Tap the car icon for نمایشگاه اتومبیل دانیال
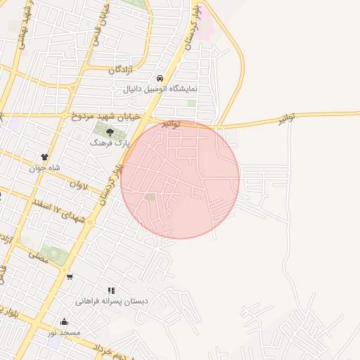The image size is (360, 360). [160, 79]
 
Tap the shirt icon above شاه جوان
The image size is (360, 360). [44, 157]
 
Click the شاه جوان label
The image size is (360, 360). [44, 168]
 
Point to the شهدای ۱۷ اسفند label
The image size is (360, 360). [60, 209]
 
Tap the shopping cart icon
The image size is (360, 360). [69, 276]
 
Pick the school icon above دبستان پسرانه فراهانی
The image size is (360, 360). [110, 290]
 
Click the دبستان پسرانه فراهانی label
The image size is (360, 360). [112, 301]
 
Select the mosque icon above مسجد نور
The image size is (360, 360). [64, 322]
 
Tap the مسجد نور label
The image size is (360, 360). [64, 332]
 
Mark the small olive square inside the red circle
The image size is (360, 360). [150, 197]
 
